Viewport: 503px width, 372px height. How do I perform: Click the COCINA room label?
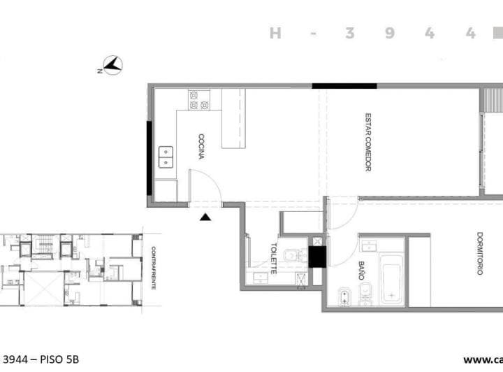(201, 147)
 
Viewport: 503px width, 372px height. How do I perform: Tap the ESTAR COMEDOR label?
(367, 142)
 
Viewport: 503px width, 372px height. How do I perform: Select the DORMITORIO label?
(480, 253)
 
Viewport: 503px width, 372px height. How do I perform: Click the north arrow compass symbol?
(112, 66)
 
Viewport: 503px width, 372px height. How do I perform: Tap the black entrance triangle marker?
(205, 217)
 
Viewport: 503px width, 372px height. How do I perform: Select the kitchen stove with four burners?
(198, 100)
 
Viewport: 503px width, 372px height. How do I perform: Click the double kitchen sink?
(166, 157)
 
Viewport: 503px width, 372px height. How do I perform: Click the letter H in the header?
(275, 34)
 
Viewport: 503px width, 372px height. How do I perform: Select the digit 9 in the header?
(390, 34)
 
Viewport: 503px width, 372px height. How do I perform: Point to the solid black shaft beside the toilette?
(317, 258)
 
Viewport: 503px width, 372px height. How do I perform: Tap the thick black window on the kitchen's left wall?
(150, 159)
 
